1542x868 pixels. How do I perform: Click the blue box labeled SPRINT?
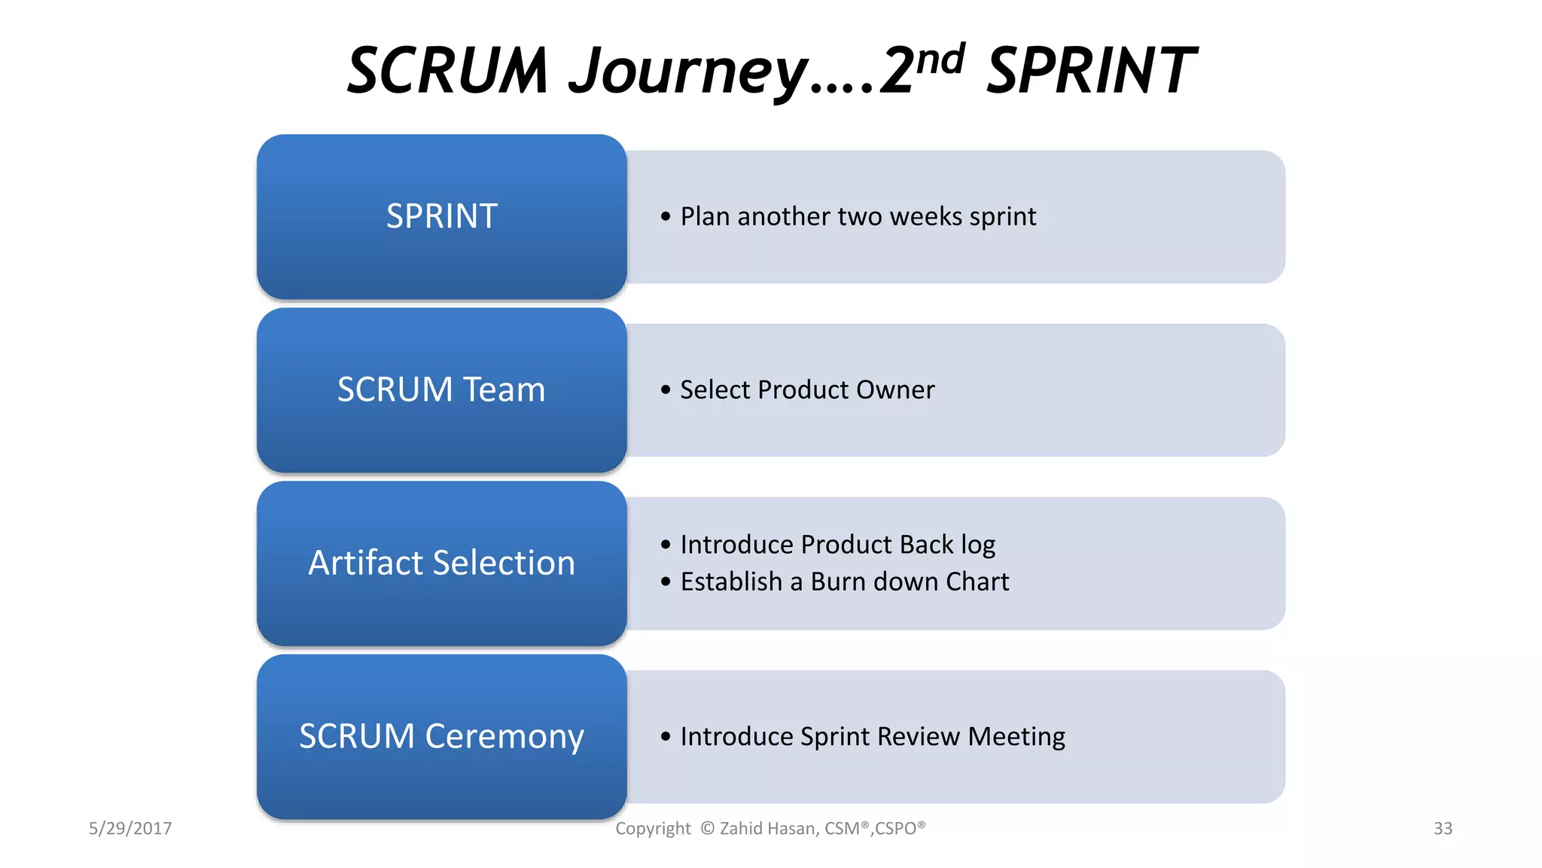click(441, 217)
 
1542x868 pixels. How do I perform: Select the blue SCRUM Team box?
click(441, 390)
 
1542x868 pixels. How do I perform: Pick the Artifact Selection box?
click(441, 564)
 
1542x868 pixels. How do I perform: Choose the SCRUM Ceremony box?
click(441, 737)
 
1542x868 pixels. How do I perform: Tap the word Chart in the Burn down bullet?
click(977, 582)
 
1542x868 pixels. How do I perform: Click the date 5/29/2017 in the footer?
click(130, 829)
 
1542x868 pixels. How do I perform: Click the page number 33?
click(1443, 829)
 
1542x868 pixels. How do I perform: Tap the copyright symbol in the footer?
click(707, 829)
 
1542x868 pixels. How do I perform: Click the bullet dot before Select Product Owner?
click(665, 390)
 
